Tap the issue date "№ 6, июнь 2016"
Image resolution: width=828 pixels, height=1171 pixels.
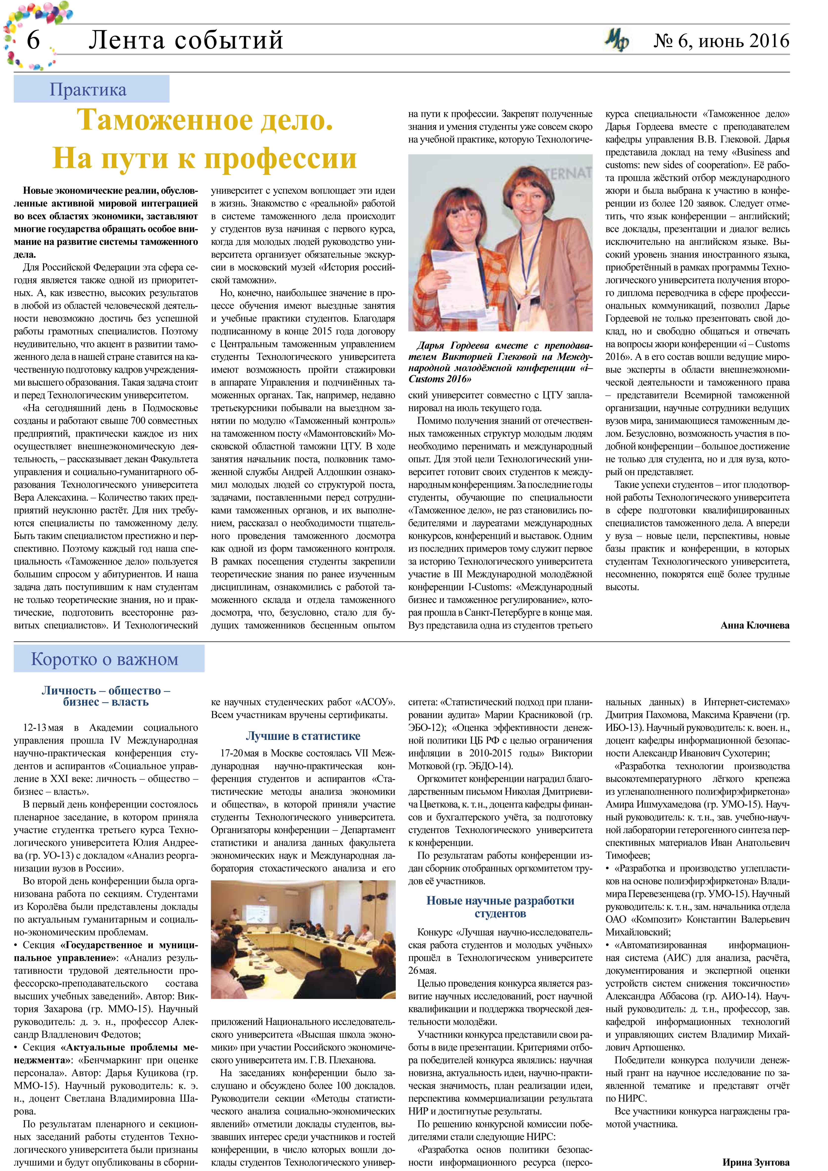pyautogui.click(x=721, y=41)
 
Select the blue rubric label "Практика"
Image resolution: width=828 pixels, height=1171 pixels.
pyautogui.click(x=88, y=90)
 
